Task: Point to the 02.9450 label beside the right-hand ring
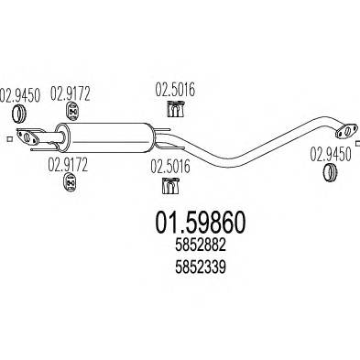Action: [329, 153]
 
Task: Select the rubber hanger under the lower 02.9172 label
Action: [68, 186]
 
